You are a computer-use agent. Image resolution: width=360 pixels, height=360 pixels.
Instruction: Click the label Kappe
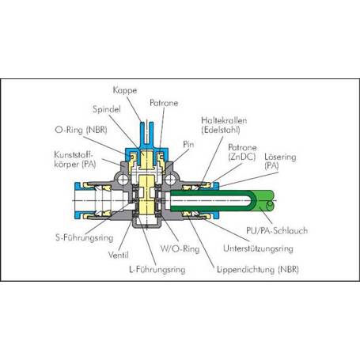pos(125,90)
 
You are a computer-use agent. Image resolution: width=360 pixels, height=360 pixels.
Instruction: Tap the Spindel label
pos(107,109)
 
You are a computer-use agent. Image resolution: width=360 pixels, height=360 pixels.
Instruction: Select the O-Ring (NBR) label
pos(81,130)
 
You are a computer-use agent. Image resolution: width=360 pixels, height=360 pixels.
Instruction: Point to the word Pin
pos(188,144)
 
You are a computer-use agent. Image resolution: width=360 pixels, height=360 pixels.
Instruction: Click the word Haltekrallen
pos(224,120)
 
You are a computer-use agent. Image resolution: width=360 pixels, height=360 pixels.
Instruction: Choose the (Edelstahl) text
pos(221,130)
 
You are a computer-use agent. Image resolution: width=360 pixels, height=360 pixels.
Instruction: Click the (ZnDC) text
pos(242,157)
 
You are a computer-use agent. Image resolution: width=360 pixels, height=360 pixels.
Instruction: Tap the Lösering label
pos(280,157)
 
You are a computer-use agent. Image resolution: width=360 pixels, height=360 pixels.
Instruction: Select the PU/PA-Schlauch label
pos(277,230)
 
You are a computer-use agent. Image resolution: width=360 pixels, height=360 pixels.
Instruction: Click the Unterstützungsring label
pos(258,248)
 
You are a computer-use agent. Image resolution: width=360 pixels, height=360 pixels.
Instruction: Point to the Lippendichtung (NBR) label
pos(258,270)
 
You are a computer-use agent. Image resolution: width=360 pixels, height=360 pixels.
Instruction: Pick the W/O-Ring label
pos(180,249)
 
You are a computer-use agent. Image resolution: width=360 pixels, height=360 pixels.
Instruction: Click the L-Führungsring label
pos(157,270)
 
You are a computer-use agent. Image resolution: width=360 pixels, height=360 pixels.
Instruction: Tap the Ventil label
pos(119,255)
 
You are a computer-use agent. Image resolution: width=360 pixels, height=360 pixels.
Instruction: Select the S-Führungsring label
pos(85,237)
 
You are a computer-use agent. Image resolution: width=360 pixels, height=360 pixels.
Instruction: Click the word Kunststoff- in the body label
pos(74,154)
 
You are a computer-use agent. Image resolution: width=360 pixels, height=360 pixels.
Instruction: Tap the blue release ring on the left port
pos(78,200)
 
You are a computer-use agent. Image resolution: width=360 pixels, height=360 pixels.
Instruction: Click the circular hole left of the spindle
pos(123,180)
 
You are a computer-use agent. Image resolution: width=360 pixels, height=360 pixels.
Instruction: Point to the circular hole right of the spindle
pos(170,180)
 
